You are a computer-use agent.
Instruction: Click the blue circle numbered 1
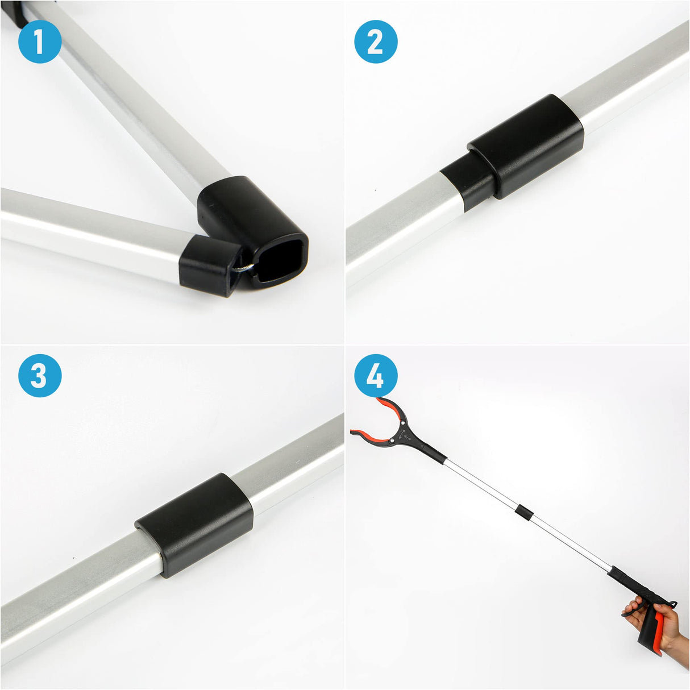click(x=39, y=41)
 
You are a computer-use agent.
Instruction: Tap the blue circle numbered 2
click(x=376, y=41)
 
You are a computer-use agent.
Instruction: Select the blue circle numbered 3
click(x=39, y=376)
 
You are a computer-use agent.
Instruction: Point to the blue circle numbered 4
click(x=376, y=376)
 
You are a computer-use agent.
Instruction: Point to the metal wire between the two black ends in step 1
click(x=243, y=267)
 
